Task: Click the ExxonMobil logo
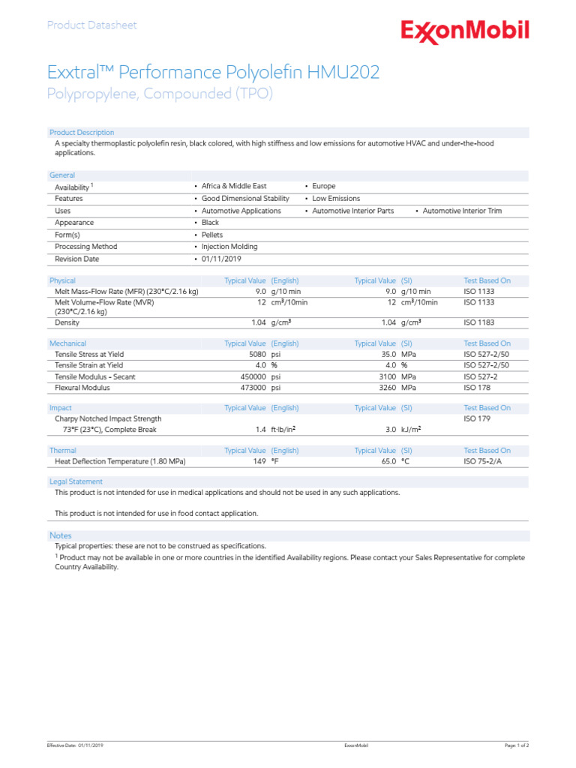tap(465, 31)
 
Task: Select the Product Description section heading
tap(82, 133)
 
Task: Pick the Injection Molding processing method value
tap(229, 247)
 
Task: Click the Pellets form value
tap(212, 235)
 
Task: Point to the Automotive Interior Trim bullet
tap(462, 211)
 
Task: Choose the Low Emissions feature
tap(336, 199)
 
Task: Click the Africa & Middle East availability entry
tap(234, 186)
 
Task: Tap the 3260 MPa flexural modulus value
tap(398, 388)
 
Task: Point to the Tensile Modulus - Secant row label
tap(95, 376)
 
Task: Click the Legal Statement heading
tap(76, 481)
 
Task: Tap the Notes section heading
tap(61, 535)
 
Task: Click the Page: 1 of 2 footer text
tap(516, 745)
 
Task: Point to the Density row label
tap(67, 322)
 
